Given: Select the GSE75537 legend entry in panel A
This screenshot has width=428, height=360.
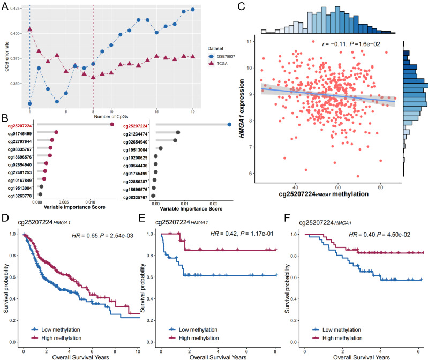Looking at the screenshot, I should tap(231, 56).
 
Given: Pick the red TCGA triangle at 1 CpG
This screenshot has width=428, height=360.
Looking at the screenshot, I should tap(30, 29).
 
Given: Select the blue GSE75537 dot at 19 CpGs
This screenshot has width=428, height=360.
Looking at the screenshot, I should tap(192, 10).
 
